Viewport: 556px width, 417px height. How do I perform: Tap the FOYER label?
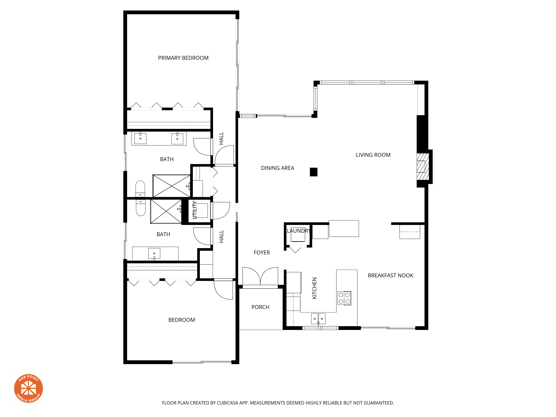pyautogui.click(x=261, y=253)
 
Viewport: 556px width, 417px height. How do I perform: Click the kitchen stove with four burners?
pyautogui.click(x=344, y=298)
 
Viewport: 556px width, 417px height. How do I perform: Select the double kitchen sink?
pyautogui.click(x=318, y=319)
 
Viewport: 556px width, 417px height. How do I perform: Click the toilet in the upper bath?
pyautogui.click(x=140, y=188)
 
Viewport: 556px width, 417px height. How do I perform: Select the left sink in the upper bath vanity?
pyautogui.click(x=140, y=138)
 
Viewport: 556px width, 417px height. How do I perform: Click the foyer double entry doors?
pyautogui.click(x=260, y=276)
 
